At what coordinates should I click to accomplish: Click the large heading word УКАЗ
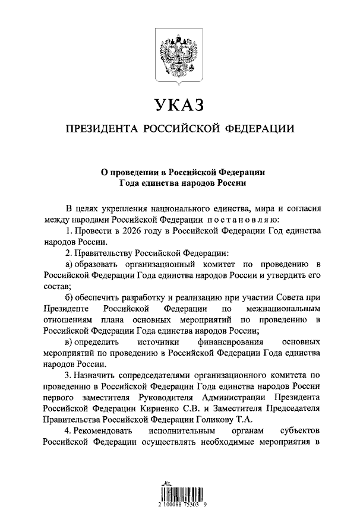(179, 105)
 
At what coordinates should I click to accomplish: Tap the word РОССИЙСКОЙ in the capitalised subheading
(182, 129)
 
